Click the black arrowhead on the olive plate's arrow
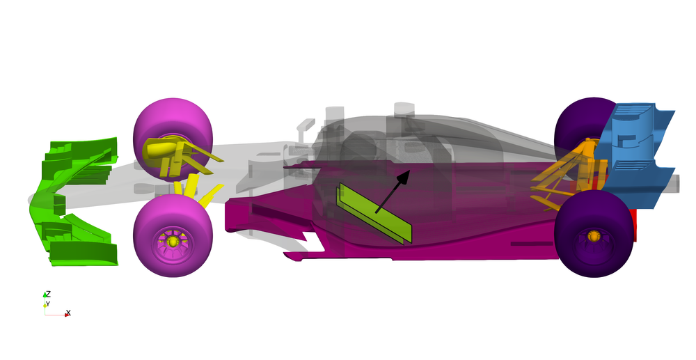pyautogui.click(x=402, y=178)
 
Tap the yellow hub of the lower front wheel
pyautogui.click(x=172, y=241)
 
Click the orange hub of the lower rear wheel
pyautogui.click(x=594, y=236)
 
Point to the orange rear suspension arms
pyautogui.click(x=557, y=185)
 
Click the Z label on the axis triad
pyautogui.click(x=48, y=294)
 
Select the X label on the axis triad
pyautogui.click(x=68, y=313)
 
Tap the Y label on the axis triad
pyautogui.click(x=49, y=304)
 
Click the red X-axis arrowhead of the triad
pyautogui.click(x=67, y=315)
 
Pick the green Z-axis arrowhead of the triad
pyautogui.click(x=45, y=297)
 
